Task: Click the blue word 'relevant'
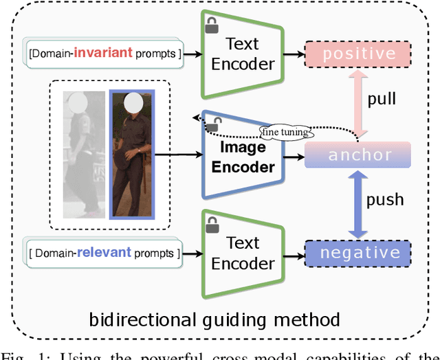pyautogui.click(x=104, y=252)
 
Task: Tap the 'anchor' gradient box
pyautogui.click(x=357, y=155)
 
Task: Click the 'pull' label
pyautogui.click(x=382, y=99)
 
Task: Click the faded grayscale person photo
pyautogui.click(x=84, y=155)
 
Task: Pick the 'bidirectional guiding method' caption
pyautogui.click(x=215, y=319)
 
